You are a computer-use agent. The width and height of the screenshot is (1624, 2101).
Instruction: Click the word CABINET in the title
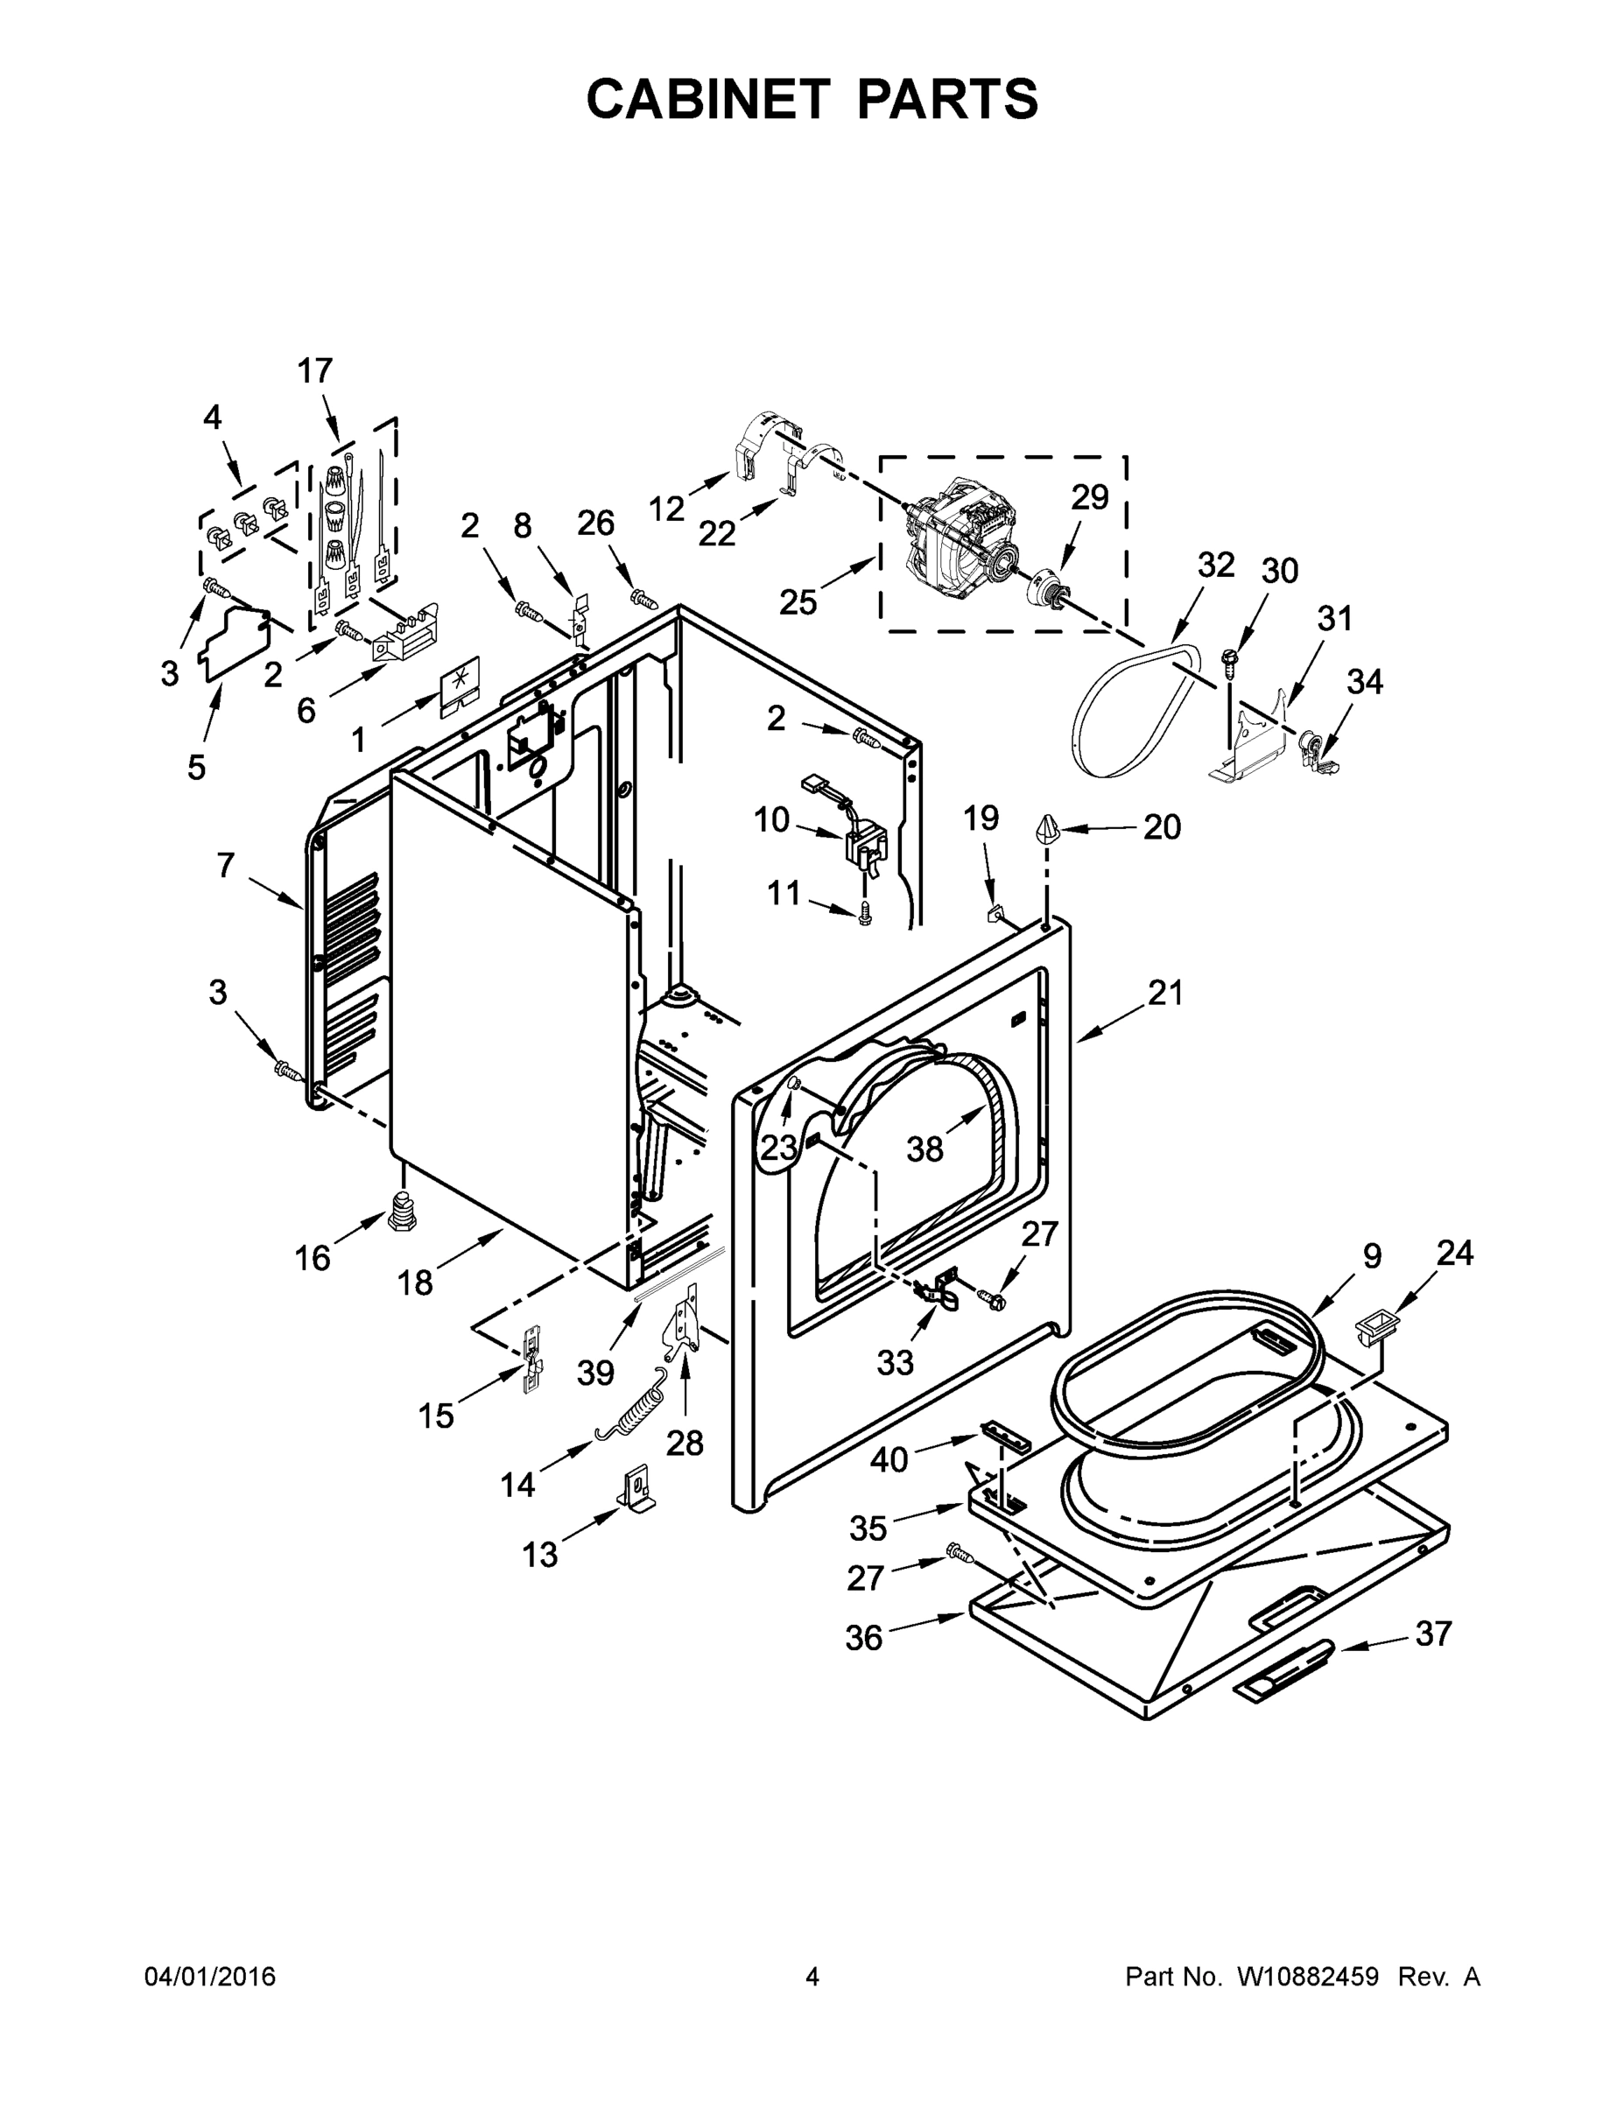[707, 98]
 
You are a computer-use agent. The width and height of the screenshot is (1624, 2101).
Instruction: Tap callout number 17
[314, 370]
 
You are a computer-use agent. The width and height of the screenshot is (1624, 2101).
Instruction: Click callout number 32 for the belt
[1215, 565]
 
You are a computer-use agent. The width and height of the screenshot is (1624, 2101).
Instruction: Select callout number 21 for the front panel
[1165, 992]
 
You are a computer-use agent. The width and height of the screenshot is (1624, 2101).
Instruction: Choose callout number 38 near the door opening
[924, 1148]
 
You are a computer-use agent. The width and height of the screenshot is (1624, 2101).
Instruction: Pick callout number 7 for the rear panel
[225, 865]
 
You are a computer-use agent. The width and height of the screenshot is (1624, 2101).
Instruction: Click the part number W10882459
[1307, 1976]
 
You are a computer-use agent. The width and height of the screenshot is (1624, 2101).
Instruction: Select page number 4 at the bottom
[811, 1976]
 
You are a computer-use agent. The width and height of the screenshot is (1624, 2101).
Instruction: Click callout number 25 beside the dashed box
[798, 602]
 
